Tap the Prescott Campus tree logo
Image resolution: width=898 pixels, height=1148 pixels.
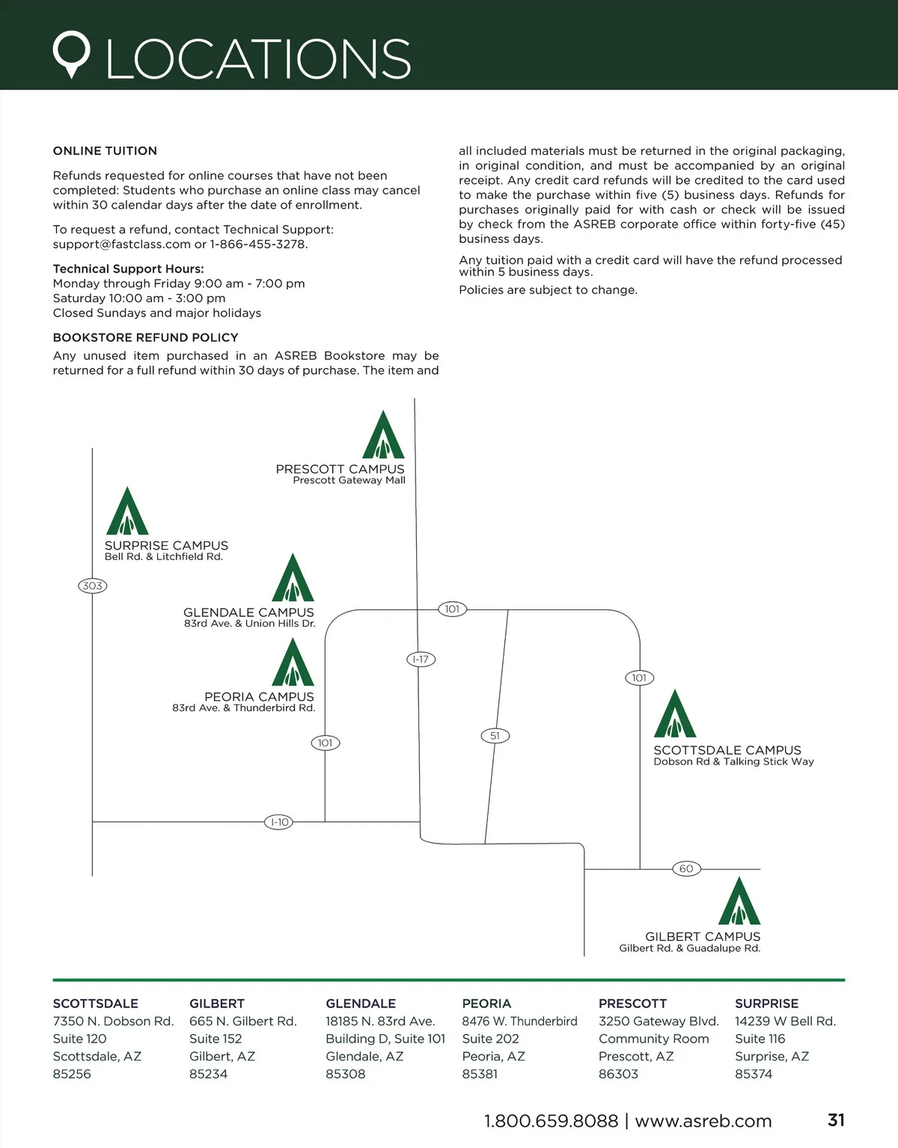click(383, 435)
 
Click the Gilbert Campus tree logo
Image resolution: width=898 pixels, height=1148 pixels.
click(739, 902)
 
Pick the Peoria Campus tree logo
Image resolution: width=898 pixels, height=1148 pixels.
click(293, 663)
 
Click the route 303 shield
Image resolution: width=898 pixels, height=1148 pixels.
click(93, 586)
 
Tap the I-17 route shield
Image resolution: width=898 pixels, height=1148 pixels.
click(421, 660)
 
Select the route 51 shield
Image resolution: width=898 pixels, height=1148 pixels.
click(495, 736)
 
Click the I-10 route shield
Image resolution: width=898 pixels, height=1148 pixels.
click(279, 822)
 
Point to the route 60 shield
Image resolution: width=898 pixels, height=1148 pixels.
click(686, 868)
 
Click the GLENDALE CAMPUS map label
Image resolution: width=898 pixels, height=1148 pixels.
click(248, 613)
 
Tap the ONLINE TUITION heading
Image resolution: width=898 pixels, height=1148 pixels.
click(105, 151)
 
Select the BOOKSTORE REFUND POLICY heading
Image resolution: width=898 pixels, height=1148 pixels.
click(145, 337)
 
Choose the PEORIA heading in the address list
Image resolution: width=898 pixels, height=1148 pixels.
click(486, 1004)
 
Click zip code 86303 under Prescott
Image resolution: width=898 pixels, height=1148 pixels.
click(618, 1074)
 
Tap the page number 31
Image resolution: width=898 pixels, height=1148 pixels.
click(836, 1120)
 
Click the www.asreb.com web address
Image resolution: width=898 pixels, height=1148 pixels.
click(703, 1121)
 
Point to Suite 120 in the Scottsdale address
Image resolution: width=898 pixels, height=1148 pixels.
click(79, 1039)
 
